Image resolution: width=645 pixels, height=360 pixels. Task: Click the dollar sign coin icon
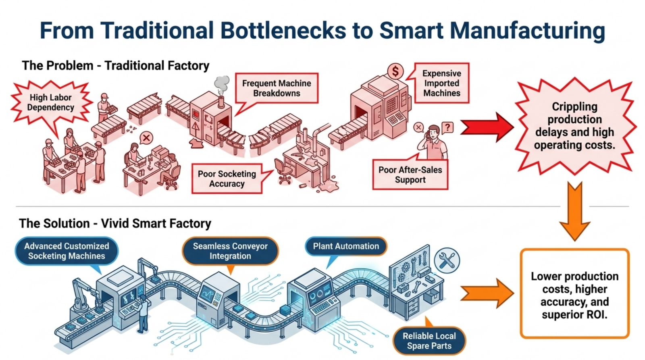pyautogui.click(x=395, y=71)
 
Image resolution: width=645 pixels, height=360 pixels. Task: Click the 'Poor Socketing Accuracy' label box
pyautogui.click(x=227, y=179)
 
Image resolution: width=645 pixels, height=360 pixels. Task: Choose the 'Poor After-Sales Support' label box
pyautogui.click(x=410, y=175)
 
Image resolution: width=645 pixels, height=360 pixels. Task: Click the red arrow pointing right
pyautogui.click(x=487, y=127)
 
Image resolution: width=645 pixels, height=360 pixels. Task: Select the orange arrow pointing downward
pyautogui.click(x=575, y=211)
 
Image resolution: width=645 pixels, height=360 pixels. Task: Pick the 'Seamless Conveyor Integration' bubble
pyautogui.click(x=230, y=251)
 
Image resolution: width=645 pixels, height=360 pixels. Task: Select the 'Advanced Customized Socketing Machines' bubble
pyautogui.click(x=67, y=251)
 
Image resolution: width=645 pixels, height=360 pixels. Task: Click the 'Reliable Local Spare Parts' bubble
pyautogui.click(x=429, y=341)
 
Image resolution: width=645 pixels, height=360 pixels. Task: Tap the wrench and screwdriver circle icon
pyautogui.click(x=447, y=261)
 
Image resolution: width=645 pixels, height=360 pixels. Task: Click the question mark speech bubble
pyautogui.click(x=447, y=127)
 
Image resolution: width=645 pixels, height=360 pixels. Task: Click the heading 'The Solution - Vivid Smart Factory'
pyautogui.click(x=115, y=223)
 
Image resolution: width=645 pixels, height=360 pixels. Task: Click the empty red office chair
pyautogui.click(x=283, y=171)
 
